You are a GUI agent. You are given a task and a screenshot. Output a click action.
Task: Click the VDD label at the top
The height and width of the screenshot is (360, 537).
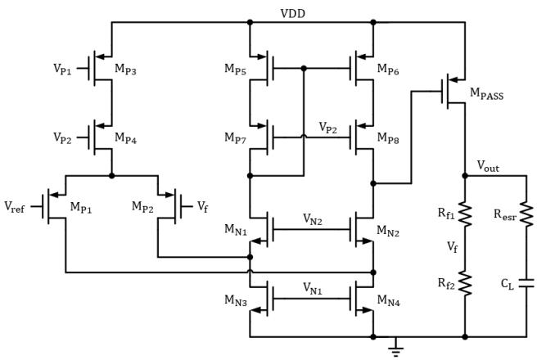point(292,14)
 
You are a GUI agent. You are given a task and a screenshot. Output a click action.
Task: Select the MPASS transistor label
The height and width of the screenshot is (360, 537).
point(486,93)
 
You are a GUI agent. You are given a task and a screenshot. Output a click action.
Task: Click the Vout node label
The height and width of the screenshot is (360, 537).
point(488,166)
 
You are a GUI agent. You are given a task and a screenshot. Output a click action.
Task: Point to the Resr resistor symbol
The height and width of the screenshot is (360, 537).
point(526,214)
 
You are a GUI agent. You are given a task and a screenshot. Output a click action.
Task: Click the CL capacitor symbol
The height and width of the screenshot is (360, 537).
point(526,283)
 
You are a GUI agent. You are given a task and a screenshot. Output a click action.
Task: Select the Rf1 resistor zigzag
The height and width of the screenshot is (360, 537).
point(465,214)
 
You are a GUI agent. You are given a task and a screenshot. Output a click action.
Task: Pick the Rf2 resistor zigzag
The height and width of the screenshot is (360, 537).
point(465,283)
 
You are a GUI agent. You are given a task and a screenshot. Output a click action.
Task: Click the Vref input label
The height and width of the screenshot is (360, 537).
point(15,207)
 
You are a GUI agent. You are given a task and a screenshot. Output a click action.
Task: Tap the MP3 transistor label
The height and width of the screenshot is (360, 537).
point(125,69)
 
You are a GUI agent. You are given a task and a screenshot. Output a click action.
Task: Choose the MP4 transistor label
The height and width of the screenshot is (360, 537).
point(125,138)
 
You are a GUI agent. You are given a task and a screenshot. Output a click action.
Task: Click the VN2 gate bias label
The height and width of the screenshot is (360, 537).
point(313,219)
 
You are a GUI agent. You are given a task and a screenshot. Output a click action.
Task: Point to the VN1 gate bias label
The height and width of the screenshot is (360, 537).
point(313,289)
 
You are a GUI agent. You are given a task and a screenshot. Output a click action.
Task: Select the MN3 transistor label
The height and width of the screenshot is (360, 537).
point(236,300)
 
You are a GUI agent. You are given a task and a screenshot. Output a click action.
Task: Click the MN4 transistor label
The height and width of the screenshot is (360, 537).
point(388,300)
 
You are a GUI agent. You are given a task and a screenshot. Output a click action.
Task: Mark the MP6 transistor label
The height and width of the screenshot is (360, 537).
point(388,69)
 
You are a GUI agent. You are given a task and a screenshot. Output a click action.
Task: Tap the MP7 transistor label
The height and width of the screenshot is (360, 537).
point(235,138)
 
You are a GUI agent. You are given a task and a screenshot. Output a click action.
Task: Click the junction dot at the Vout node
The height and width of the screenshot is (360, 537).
point(465,176)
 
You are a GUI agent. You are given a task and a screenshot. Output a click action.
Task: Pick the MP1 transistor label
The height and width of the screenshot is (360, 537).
point(81,207)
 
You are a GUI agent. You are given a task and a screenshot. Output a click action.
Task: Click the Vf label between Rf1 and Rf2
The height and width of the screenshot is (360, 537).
point(452,247)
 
